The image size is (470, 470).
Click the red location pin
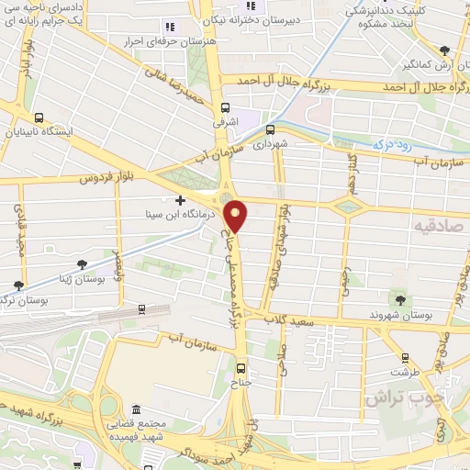coord(237,216)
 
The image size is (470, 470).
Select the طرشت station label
coord(403,373)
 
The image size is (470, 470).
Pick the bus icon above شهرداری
coord(270,129)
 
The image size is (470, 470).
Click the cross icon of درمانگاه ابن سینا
coord(179,199)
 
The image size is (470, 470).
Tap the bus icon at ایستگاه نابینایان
coord(38,117)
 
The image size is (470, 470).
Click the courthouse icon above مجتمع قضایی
coord(136,408)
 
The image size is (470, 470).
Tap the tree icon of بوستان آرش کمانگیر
coord(445,51)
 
